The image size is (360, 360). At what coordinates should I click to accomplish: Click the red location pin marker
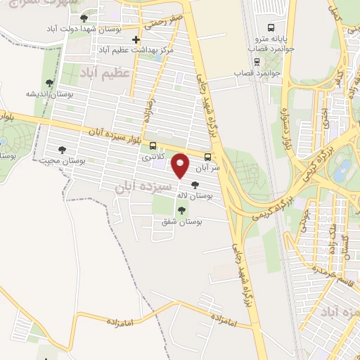(180, 166)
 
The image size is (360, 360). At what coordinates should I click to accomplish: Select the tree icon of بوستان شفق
(181, 210)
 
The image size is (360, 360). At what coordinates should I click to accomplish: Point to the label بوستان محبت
(62, 161)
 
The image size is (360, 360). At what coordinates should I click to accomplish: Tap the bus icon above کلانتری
(153, 146)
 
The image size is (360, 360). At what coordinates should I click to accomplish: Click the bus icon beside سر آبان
(207, 157)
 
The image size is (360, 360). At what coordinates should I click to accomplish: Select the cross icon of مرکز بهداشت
(136, 39)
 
